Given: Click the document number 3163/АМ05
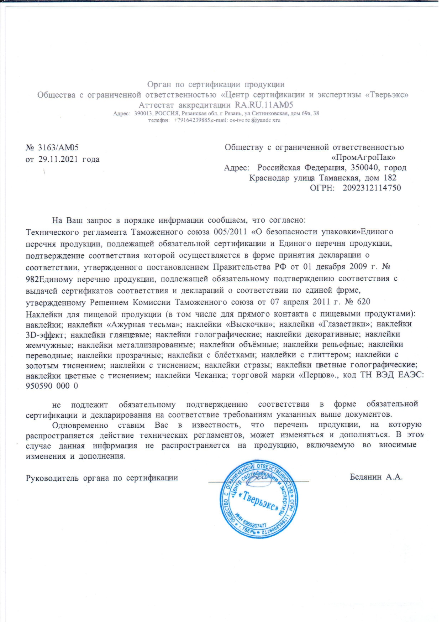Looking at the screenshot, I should coord(58,147).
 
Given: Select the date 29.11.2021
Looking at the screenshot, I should coord(58,159).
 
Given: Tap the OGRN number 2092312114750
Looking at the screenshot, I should coord(372,188).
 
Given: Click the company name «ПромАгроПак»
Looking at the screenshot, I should coord(363,157).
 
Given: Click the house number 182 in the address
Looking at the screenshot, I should coord(390,178).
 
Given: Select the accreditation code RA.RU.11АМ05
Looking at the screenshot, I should coord(264,105).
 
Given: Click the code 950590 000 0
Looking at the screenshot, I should coord(52,386).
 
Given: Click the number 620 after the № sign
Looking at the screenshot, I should coord(363,302).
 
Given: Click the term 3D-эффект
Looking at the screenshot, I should coord(46,335).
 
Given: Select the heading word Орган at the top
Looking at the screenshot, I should coord(159,84).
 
